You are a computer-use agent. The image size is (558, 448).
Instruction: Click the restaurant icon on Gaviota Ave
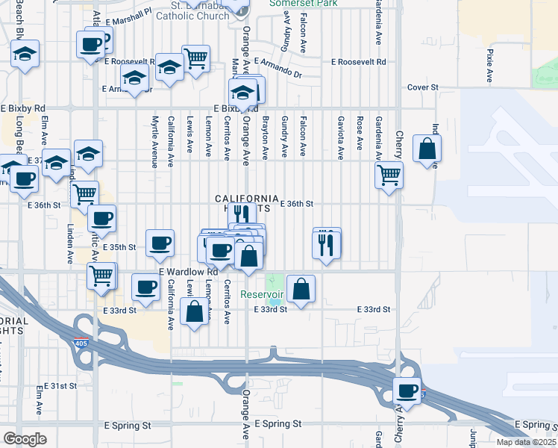click(x=327, y=245)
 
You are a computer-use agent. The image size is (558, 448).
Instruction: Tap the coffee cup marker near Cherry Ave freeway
click(x=407, y=391)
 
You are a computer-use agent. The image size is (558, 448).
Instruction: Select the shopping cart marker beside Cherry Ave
click(x=389, y=175)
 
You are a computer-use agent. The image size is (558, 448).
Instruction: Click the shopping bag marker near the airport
click(x=427, y=150)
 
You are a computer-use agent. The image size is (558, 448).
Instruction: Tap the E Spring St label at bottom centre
click(x=278, y=423)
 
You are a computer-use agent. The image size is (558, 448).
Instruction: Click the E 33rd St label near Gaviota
click(x=374, y=309)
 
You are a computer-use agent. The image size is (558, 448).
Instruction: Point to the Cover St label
click(x=422, y=87)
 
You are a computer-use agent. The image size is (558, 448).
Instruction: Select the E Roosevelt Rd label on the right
click(x=358, y=63)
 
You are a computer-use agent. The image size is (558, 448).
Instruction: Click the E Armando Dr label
click(x=278, y=74)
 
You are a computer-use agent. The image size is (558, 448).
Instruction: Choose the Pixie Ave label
click(x=490, y=66)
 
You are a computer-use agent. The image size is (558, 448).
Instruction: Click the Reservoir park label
click(x=262, y=294)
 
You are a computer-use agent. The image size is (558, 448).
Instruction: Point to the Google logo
click(x=25, y=439)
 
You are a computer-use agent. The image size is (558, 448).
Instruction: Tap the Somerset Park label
click(x=303, y=4)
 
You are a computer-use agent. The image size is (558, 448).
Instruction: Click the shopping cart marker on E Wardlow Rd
click(x=101, y=275)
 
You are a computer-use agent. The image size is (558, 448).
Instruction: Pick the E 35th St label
click(x=119, y=246)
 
